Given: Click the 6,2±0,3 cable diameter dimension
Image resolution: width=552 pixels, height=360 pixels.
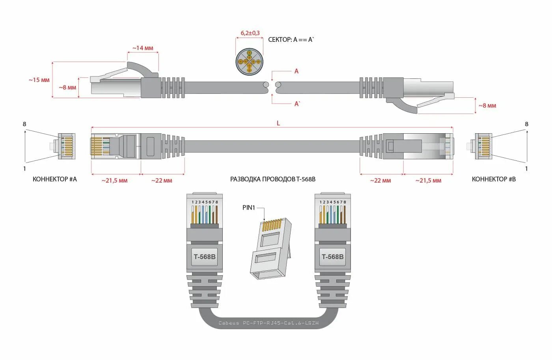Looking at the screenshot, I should coord(250,33).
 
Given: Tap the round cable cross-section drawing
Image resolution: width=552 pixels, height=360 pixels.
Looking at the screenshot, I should coord(249,62).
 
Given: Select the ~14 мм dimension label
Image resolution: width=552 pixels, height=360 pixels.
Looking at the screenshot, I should coord(143,48).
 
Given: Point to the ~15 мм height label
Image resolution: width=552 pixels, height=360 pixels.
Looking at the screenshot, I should coord(39,80).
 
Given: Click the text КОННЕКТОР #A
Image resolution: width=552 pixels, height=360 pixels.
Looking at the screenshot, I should coord(55,179).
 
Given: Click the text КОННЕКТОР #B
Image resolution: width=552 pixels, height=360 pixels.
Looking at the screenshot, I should coord(494,179).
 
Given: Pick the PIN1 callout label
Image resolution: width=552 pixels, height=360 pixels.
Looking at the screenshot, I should coord(249,207).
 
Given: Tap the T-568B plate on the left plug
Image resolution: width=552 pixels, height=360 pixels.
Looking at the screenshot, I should coord(205,257).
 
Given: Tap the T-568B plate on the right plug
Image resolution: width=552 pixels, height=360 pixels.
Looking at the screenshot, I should coord(332,257).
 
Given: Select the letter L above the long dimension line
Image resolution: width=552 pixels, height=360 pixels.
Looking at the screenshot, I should coord(278,123).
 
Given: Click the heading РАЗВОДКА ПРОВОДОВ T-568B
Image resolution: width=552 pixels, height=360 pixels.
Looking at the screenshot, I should coord(273,179).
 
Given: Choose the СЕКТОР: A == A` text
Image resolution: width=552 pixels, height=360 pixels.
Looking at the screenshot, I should coord(291,39).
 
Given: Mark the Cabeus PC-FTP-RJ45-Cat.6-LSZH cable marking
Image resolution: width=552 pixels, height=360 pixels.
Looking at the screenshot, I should coord(269,323).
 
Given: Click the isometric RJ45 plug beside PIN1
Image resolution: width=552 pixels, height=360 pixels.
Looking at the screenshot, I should coord(271,248).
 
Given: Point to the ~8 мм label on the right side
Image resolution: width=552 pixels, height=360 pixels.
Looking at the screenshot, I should coord(487,106).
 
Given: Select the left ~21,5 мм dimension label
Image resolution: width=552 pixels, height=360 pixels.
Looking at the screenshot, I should coord(114,181).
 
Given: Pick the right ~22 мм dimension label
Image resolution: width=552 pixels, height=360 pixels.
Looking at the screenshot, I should coord(380,181).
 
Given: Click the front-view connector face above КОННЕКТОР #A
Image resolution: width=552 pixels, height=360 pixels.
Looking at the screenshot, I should coord(67,146).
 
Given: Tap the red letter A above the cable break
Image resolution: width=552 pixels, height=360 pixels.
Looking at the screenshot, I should coord(297,71).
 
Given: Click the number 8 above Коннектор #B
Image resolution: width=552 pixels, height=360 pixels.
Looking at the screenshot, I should coord(526,124).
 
